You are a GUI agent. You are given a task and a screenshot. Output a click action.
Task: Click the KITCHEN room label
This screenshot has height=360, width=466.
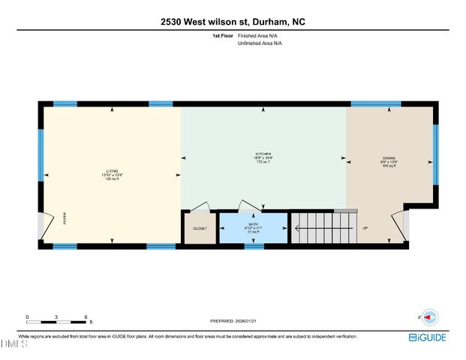coord(263,154)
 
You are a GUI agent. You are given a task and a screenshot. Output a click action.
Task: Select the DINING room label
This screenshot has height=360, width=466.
coord(388,158)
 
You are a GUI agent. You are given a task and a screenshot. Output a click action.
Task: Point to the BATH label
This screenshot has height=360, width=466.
coord(253,224)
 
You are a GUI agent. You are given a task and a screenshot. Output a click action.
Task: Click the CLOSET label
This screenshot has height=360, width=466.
coord(200,227)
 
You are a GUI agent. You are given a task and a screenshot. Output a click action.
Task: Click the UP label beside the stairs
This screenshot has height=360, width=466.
coord(365,227)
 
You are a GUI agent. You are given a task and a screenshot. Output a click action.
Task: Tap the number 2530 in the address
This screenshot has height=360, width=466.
coord(170,22)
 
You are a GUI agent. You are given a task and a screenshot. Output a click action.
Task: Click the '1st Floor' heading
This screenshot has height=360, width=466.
coord(224,35)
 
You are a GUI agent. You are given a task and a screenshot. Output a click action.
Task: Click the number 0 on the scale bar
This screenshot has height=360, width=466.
coord(27,316)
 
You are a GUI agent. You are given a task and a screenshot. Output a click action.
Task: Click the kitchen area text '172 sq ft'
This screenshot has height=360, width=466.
coord(263,163)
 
